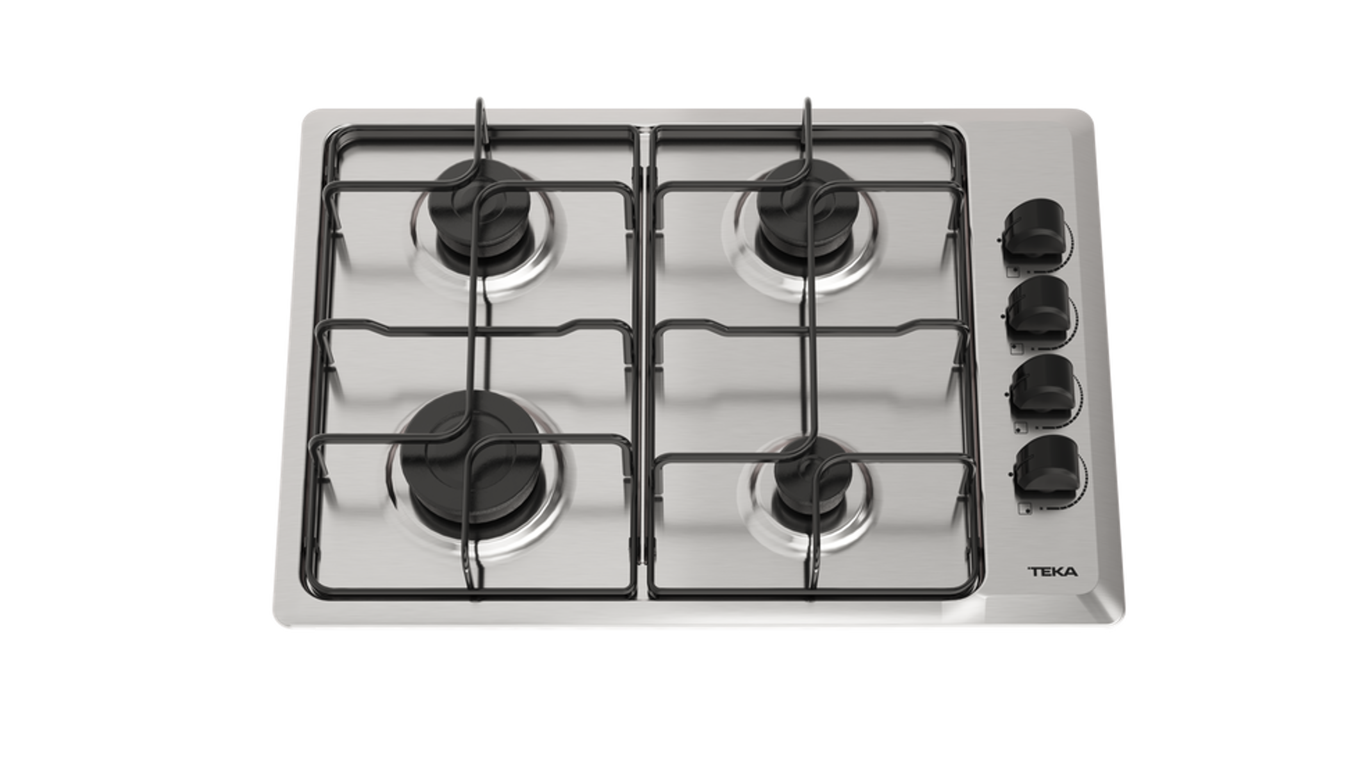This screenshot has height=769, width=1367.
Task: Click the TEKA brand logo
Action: point(1052,572)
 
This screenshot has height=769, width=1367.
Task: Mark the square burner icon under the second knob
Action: point(1016,349)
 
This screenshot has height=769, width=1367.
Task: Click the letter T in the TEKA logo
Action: point(1033,572)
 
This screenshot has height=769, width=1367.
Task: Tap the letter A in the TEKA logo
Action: point(1072,572)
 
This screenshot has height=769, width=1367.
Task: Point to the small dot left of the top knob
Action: point(999,240)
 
